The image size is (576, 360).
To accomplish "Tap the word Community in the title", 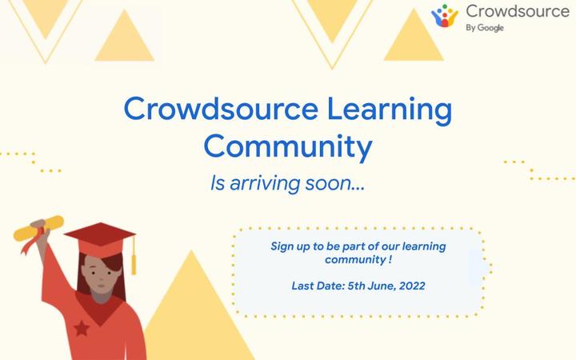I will (287, 147).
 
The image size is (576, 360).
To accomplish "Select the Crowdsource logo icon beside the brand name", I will (445, 17).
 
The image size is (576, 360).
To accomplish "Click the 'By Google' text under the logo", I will (485, 28).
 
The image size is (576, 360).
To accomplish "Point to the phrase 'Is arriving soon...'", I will (287, 184).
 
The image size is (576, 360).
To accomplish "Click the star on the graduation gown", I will (80, 327).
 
